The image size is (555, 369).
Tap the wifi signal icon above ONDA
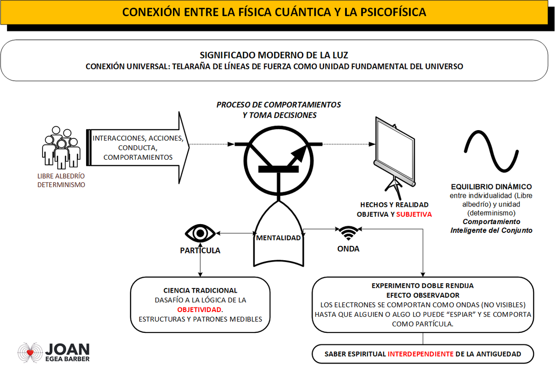pos(348,232)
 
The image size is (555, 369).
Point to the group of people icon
pos(61,147)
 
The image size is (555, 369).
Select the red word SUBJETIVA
pos(414,214)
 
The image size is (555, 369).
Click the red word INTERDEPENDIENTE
pos(420,354)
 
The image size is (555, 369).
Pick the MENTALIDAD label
pos(278,238)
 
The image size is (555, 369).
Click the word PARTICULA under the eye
pos(200,250)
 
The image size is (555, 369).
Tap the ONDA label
pos(348,249)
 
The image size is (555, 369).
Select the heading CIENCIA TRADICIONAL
pos(200,290)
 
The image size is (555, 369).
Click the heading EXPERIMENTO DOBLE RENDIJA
pos(423,286)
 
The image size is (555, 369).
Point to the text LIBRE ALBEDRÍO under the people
pos(61,176)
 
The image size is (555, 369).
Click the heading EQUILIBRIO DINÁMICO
pos(491,187)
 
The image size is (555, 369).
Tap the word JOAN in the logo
pos(68,349)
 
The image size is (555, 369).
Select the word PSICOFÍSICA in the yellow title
pos(393,12)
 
